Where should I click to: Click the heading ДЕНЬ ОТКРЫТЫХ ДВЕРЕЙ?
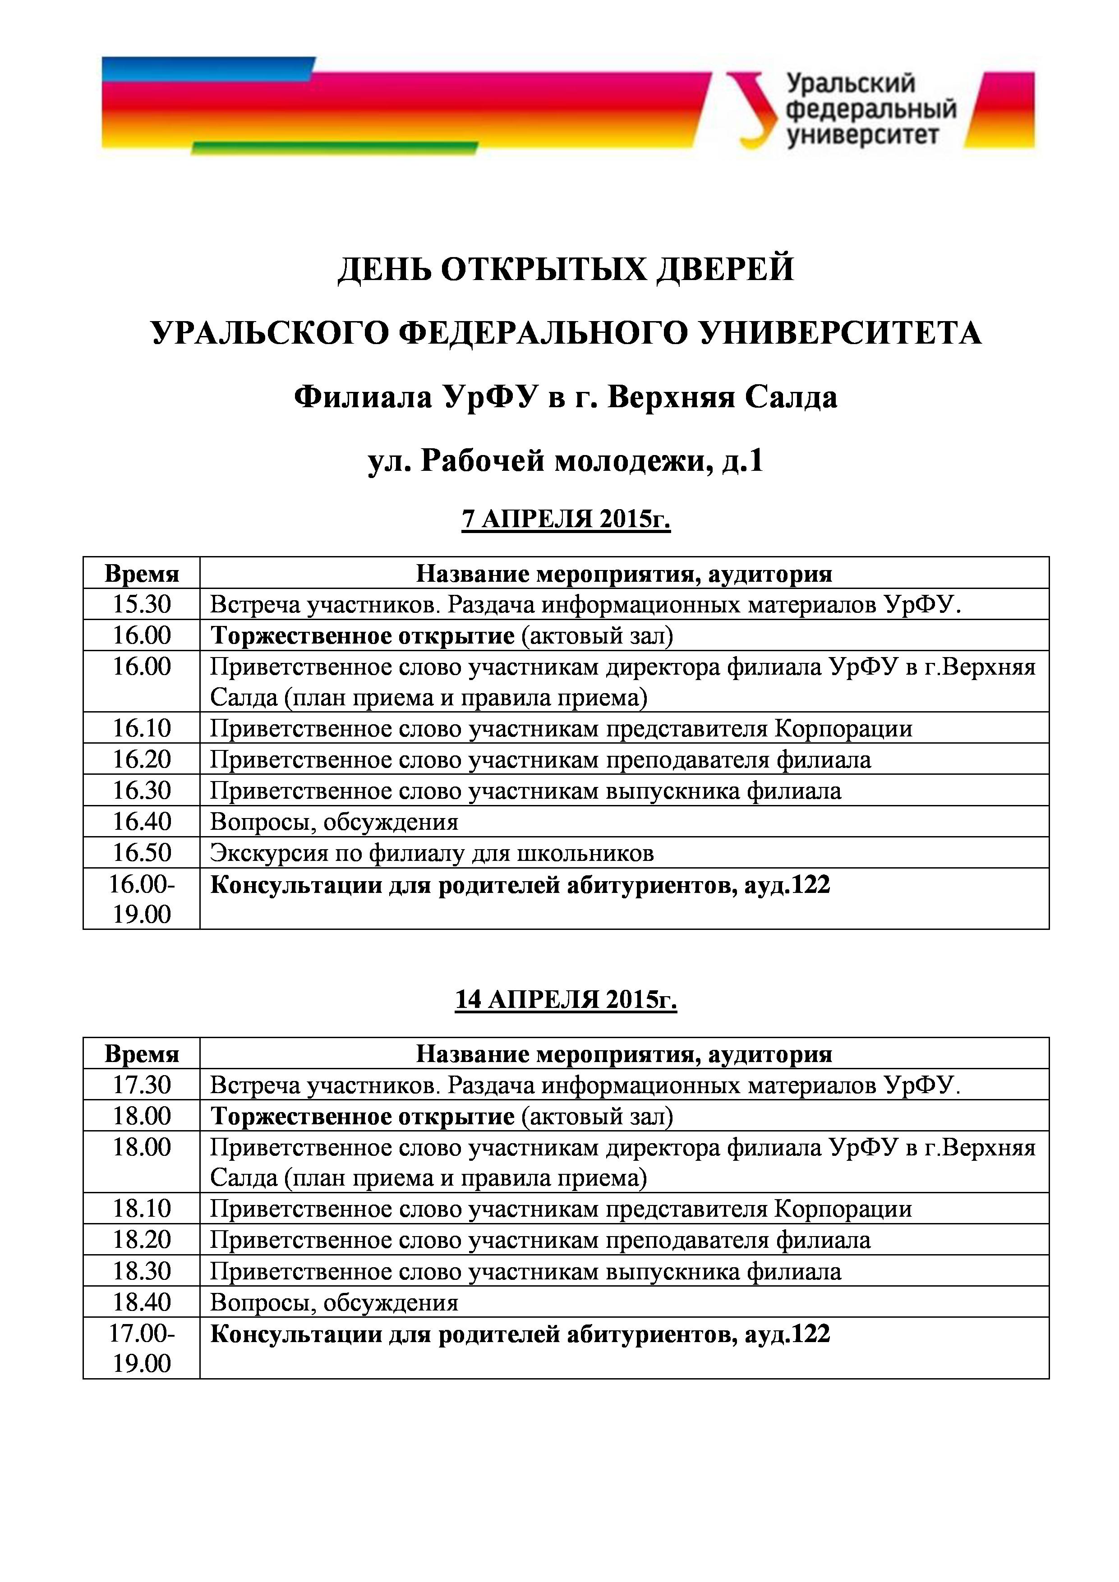tap(565, 269)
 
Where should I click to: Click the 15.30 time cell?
tap(141, 604)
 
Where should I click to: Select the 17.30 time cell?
tap(141, 1085)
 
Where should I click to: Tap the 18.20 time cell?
tap(141, 1240)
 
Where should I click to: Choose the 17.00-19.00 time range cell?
tap(141, 1348)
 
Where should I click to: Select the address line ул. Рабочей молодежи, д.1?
tap(565, 461)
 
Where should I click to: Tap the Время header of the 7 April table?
tap(141, 573)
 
